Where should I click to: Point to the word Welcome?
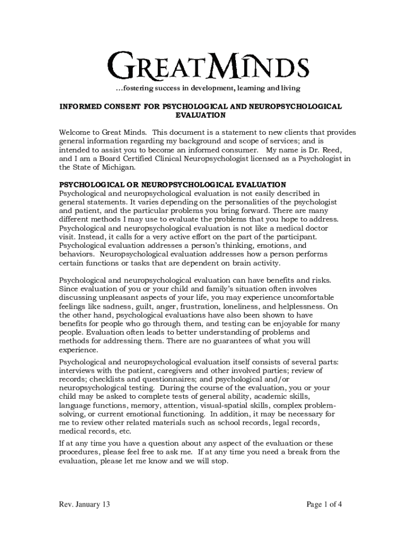[x=76, y=132]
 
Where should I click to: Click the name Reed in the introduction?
[x=330, y=150]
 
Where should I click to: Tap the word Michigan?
[x=119, y=168]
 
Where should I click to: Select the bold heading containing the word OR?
[x=172, y=184]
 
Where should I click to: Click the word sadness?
[x=115, y=307]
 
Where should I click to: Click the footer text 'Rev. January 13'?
[x=85, y=504]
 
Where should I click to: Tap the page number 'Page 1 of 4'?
[x=317, y=504]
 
